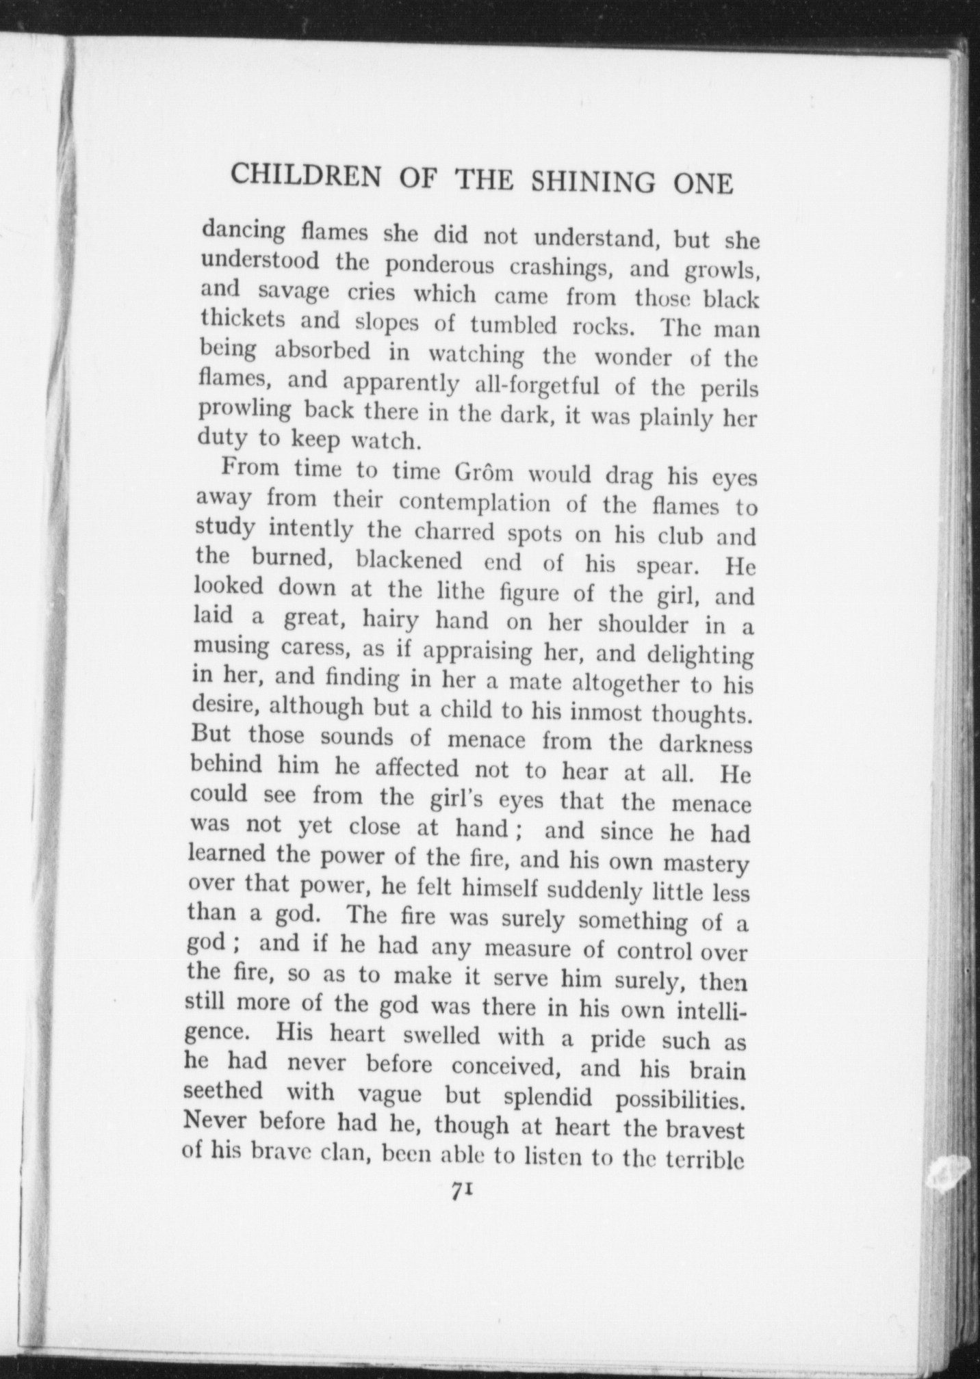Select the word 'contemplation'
coord(474,503)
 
